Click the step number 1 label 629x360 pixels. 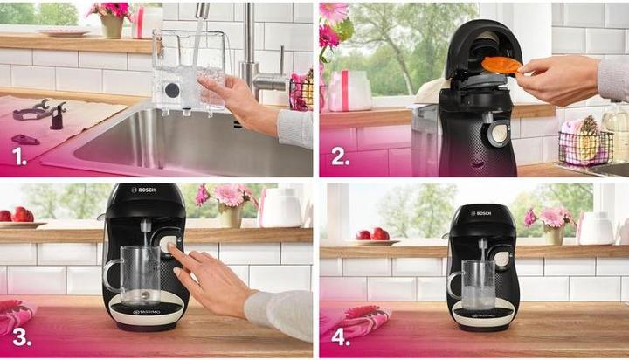pyautogui.click(x=18, y=158)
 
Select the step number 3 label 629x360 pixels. pyautogui.click(x=18, y=336)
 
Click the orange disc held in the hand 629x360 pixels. pyautogui.click(x=501, y=65)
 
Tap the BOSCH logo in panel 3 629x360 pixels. pyautogui.click(x=143, y=190)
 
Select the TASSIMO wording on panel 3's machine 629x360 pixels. pyautogui.click(x=144, y=311)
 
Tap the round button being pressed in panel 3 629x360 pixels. pyautogui.click(x=165, y=246)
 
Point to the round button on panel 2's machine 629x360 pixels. pyautogui.click(x=498, y=133)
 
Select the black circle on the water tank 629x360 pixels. pyautogui.click(x=172, y=90)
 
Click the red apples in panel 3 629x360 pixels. pyautogui.click(x=17, y=214)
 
